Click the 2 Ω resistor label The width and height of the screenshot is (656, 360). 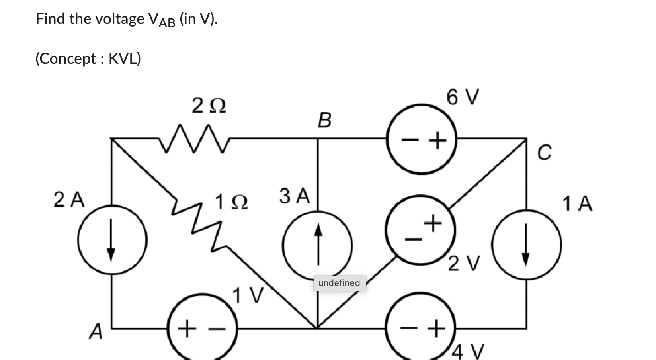coord(209,106)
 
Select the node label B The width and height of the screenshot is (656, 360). coord(324,120)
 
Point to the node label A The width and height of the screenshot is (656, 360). coord(96,331)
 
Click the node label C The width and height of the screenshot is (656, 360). coord(545,152)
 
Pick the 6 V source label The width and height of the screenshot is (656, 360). coord(463,97)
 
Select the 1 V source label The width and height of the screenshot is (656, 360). coord(248,295)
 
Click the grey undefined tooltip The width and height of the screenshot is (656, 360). coord(339,283)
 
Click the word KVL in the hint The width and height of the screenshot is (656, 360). coord(125,59)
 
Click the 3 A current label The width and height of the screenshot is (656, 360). coord(294,196)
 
